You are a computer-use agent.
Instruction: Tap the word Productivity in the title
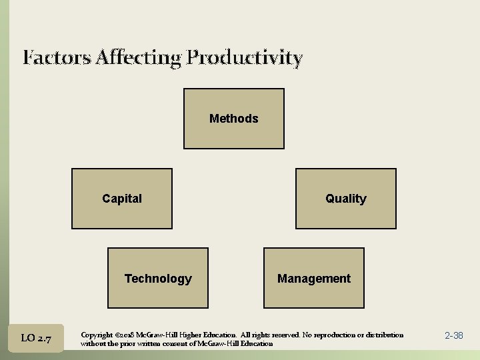pos(245,58)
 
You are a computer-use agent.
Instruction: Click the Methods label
pos(233,119)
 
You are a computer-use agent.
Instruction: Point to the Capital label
pos(122,198)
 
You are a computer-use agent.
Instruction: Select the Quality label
pos(345,199)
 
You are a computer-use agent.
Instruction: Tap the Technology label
pos(158,279)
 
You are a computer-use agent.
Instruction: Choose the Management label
pos(313,279)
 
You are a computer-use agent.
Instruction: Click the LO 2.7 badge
pos(37,338)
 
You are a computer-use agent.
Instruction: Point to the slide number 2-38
pos(453,335)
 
